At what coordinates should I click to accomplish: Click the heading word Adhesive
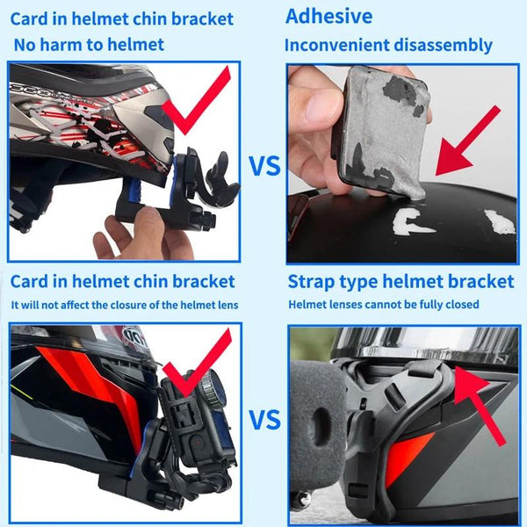(329, 16)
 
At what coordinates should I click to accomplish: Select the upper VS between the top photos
(264, 165)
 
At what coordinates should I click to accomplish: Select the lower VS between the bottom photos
(264, 419)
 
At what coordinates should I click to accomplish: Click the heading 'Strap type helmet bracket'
(401, 281)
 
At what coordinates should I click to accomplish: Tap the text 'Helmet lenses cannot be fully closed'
(384, 305)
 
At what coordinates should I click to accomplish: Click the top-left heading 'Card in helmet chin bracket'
(122, 18)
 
